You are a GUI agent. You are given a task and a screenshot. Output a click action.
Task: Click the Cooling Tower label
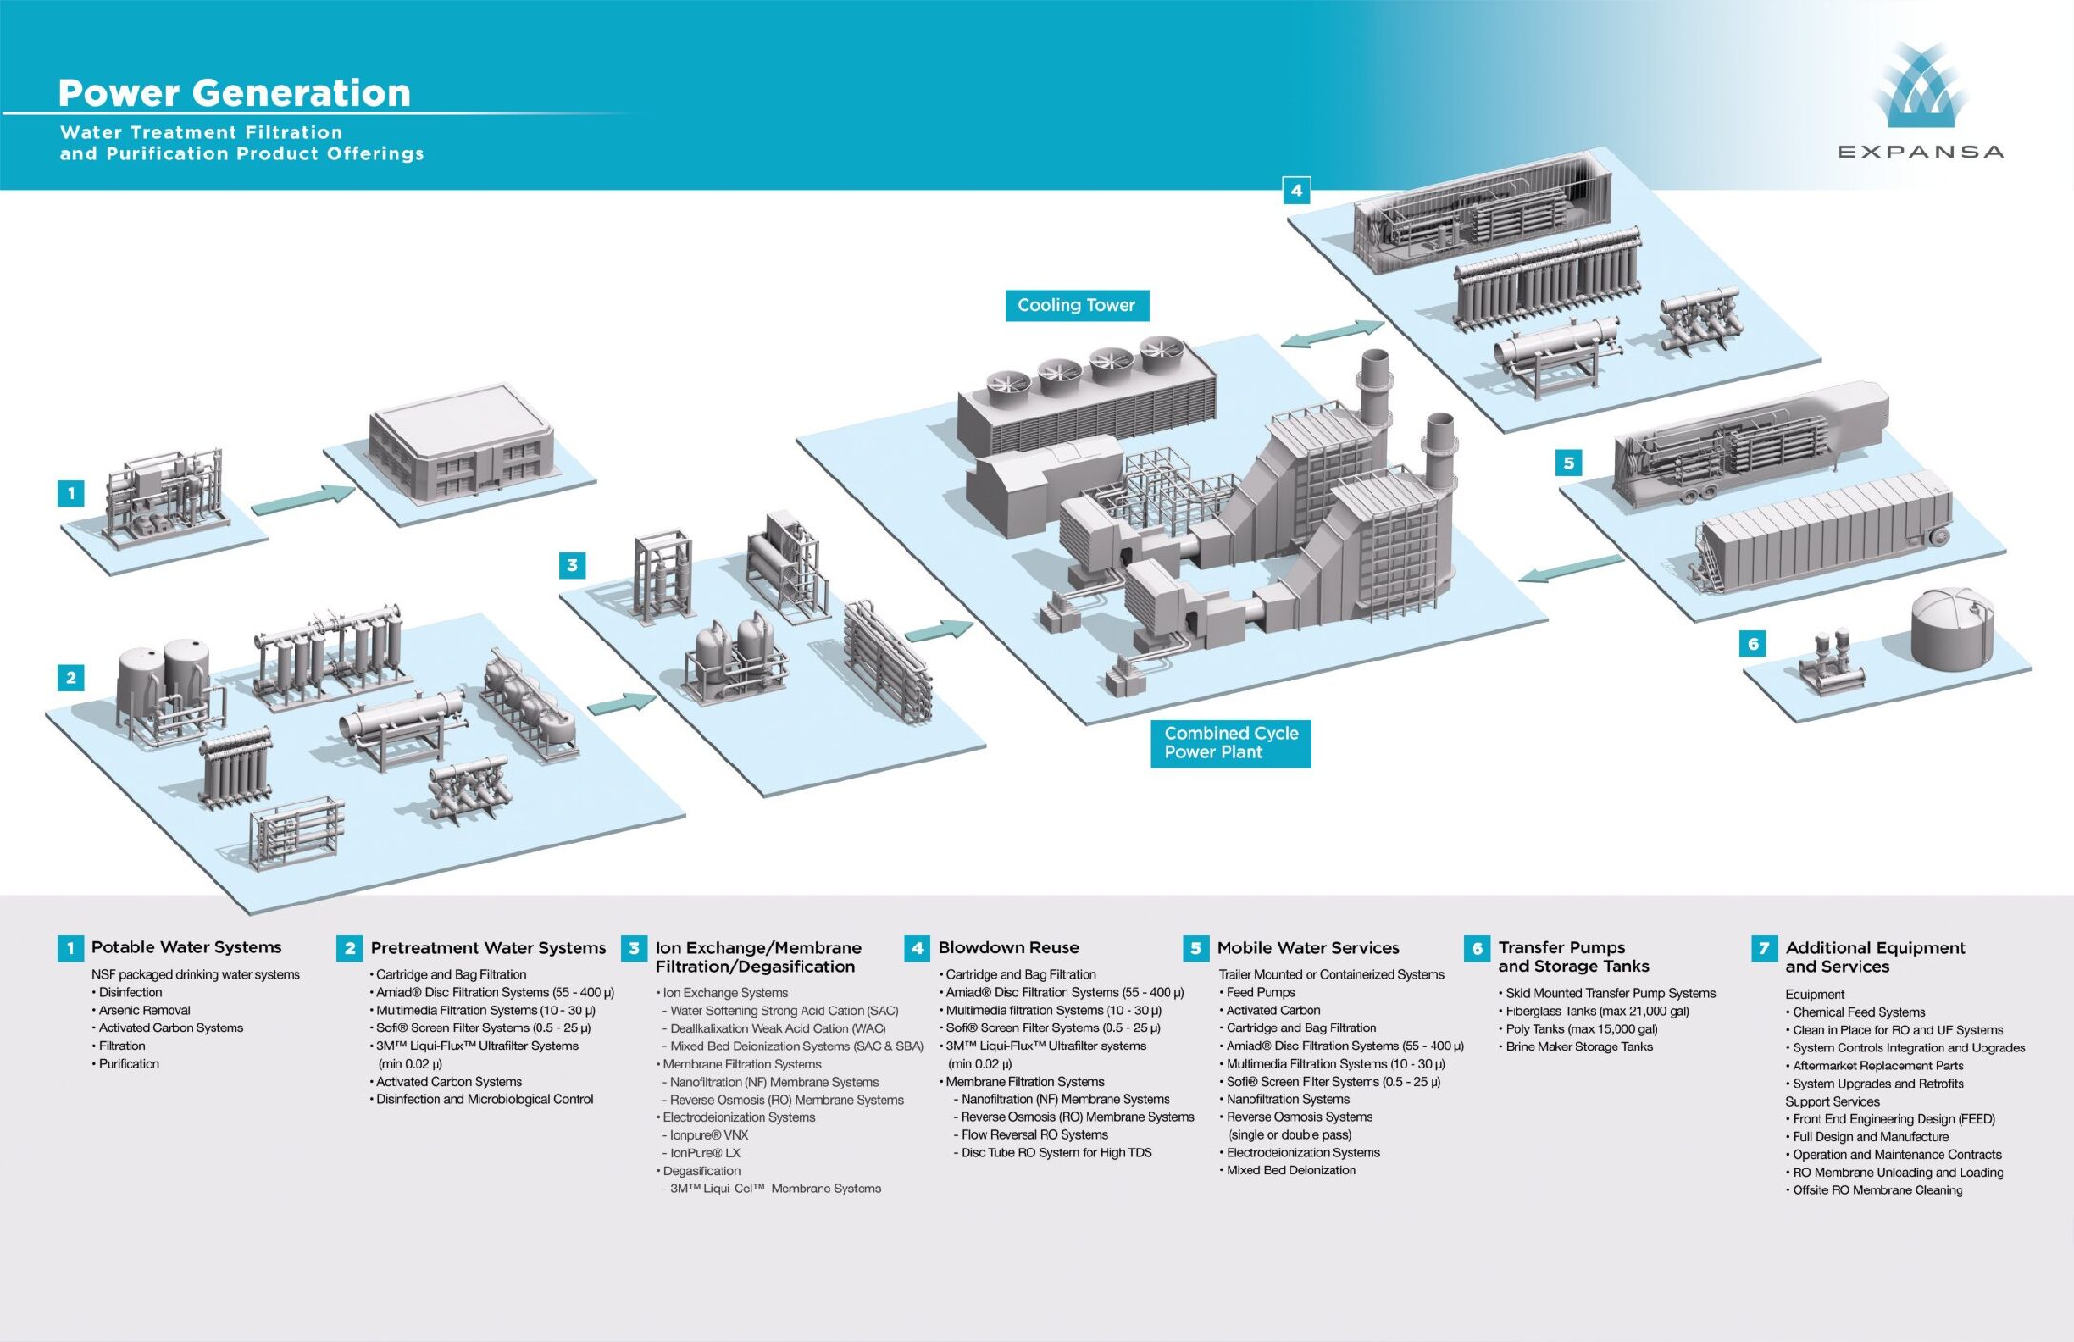[x=1076, y=305]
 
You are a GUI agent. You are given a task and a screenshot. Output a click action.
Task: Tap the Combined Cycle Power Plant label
[x=1230, y=742]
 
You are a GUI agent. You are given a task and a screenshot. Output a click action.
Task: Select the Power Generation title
[x=234, y=92]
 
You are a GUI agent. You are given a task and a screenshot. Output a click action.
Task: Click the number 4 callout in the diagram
[x=1296, y=191]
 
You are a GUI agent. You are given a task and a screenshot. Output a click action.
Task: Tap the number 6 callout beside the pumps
[x=1752, y=643]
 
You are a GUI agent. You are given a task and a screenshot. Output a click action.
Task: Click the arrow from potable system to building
[x=302, y=499]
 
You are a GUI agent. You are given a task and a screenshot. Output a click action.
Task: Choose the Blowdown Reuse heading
[x=1007, y=947]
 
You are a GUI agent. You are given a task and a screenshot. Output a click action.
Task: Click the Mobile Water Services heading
[x=1308, y=947]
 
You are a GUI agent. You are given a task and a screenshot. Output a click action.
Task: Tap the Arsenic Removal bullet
[x=144, y=1010]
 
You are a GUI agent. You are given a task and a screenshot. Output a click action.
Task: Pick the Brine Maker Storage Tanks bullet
[x=1578, y=1047]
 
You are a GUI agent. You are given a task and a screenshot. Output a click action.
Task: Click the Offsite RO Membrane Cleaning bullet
[x=1877, y=1190]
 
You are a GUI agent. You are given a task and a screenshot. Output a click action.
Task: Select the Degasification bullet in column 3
[x=701, y=1170]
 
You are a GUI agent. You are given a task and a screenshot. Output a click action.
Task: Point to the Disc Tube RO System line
[x=1055, y=1153]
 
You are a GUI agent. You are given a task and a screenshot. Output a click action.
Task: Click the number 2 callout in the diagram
[x=71, y=678]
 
